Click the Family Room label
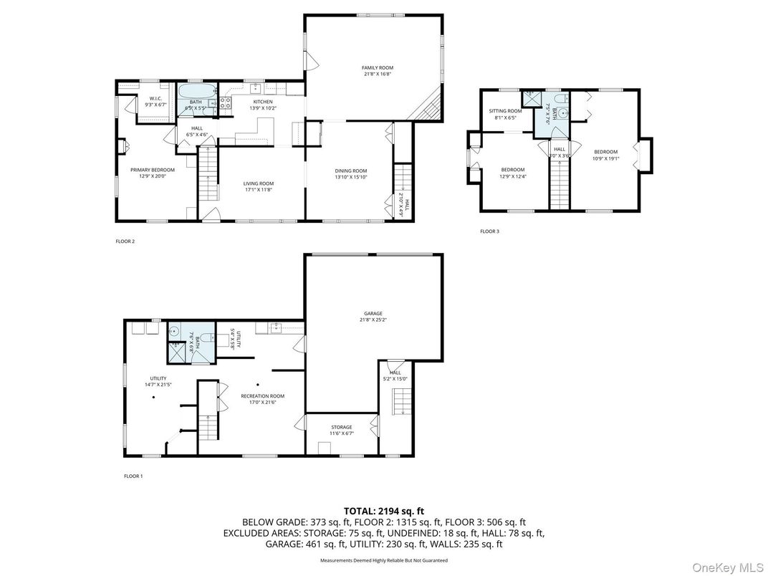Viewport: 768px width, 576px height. point(377,68)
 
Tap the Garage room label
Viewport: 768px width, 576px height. point(373,313)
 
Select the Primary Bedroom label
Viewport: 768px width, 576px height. point(152,170)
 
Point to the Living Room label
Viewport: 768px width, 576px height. point(258,183)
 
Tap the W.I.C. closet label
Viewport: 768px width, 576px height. point(155,98)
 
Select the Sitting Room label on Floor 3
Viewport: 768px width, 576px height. point(505,111)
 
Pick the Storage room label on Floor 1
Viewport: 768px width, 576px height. point(341,427)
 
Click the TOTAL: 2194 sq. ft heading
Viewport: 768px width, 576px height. point(383,511)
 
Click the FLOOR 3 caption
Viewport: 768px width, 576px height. point(489,231)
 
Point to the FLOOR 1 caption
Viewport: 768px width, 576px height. point(133,476)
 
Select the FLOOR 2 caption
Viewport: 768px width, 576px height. point(125,241)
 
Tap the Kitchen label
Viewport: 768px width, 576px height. point(261,102)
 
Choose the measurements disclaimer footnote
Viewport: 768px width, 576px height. point(383,561)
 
